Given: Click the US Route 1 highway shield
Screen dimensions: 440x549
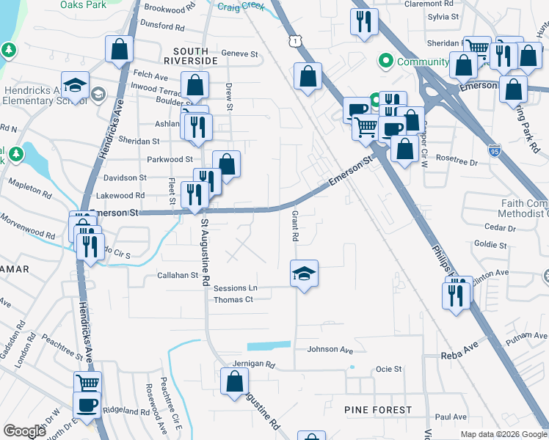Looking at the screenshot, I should coord(294,43).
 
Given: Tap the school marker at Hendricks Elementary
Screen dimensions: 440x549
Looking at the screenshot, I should coord(76,86).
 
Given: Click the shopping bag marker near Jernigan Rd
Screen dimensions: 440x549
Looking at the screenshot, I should coord(235,381).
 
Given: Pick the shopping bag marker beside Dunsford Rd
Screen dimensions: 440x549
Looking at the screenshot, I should coord(119,50).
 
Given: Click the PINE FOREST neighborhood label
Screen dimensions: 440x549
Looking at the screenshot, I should coord(378,409).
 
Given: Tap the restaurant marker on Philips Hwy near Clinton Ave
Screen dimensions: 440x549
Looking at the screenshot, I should coord(457,295).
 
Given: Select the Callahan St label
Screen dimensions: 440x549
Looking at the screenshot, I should coord(179,276).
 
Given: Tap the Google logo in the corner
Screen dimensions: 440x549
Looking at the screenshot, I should coord(24,431).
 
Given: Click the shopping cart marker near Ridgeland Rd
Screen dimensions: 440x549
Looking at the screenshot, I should coord(88,383).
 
